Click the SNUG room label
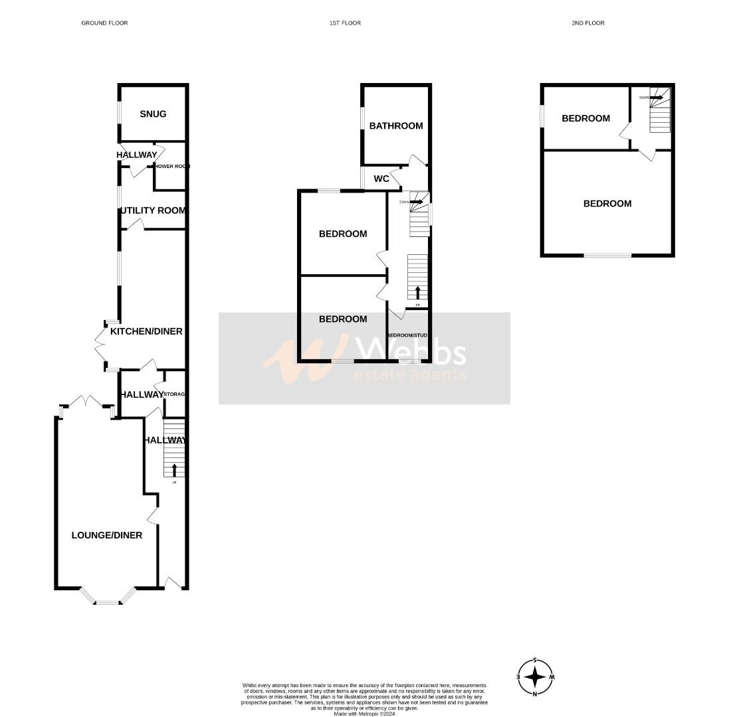pos(153,114)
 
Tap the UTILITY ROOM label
pos(153,210)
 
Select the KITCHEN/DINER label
pos(146,331)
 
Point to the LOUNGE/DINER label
pos(106,535)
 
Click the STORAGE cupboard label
pos(173,394)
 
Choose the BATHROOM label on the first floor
pos(396,126)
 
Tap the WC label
pos(381,179)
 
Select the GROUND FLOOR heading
pos(104,23)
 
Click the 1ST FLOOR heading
pos(345,23)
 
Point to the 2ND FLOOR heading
pos(588,23)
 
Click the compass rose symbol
pos(535,677)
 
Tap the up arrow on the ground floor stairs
pos(174,470)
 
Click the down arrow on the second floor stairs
pos(657,98)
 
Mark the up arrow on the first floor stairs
pos(417,292)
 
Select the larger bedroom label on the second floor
pos(607,204)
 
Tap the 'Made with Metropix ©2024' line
pos(364,714)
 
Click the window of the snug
pos(120,113)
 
